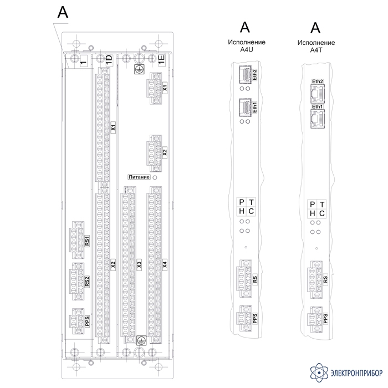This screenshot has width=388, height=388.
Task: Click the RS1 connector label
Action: coord(87,241)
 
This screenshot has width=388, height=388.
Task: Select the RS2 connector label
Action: coord(87,282)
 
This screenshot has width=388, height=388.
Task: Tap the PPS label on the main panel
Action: coord(87,321)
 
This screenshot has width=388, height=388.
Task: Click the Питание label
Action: coord(139,177)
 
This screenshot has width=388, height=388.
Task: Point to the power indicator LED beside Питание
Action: coord(155,177)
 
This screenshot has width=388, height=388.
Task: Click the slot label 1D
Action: coord(109,60)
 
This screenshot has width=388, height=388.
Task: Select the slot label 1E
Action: coord(161,60)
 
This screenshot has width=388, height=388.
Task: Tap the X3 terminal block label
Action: coord(139,264)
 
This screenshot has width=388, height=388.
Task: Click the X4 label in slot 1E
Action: coord(165,264)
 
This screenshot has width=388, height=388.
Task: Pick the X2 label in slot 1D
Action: coord(113,264)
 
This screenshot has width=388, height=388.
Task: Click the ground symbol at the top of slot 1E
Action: coord(139,69)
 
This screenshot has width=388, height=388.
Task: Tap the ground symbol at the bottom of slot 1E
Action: coord(141,340)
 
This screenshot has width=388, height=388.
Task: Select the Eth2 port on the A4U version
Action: coord(245,74)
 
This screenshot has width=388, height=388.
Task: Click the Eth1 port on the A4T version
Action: coord(318,119)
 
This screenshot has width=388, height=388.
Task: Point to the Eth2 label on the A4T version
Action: coord(318,81)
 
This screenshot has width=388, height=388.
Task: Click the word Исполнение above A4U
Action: coord(247,42)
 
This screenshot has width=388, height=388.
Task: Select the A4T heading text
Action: coord(316,50)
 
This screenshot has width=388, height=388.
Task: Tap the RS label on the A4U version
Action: coord(255,279)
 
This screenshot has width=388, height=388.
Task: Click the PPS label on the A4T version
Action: coord(325,319)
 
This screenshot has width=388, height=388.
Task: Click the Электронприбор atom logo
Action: coord(319,373)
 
